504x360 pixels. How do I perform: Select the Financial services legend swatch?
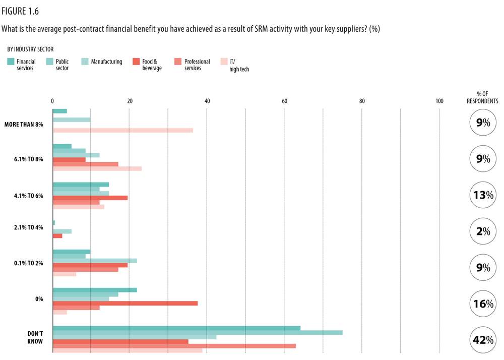click(x=11, y=62)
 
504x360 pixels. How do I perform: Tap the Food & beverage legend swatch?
click(x=136, y=62)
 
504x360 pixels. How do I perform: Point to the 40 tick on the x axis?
click(x=207, y=101)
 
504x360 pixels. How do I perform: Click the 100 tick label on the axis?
click(x=439, y=101)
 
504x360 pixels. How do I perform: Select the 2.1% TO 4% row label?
click(x=29, y=227)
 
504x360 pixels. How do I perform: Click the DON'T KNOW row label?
click(x=35, y=337)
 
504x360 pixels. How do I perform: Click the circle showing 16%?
click(x=483, y=304)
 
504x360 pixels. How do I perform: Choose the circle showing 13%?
click(x=483, y=195)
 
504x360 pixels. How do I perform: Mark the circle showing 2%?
click(x=483, y=231)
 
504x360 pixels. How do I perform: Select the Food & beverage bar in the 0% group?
click(x=125, y=303)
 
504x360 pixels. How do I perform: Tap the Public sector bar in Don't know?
click(x=197, y=333)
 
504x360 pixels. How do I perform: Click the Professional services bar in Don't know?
click(x=174, y=345)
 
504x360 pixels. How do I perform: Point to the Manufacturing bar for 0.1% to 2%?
click(x=95, y=261)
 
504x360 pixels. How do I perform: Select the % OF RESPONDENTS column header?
click(x=482, y=97)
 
